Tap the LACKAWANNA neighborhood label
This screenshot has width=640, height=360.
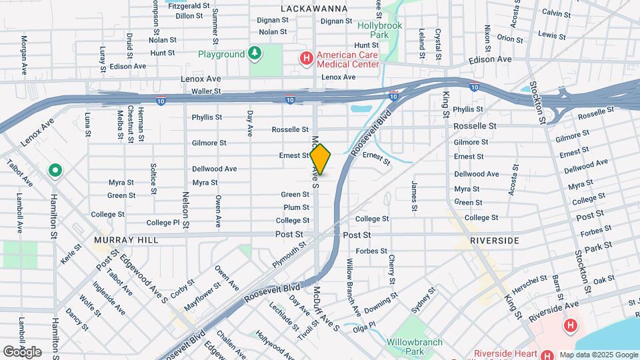point(314,9)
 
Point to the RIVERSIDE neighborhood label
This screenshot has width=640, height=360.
point(494,239)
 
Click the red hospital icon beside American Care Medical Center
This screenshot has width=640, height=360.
point(306,59)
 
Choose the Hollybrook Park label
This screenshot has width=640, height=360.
point(382,30)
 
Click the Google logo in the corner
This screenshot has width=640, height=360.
point(22,352)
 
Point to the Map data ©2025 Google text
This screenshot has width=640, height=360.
point(598,355)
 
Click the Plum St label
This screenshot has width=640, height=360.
point(296,207)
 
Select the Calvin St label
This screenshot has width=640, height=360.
point(555,13)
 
